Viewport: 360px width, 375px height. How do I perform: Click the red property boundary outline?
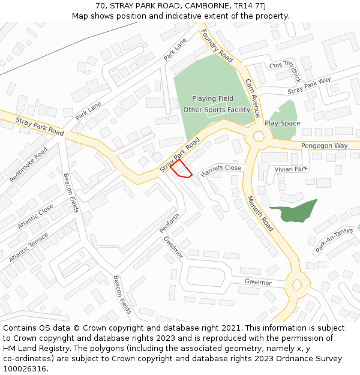(x=181, y=169)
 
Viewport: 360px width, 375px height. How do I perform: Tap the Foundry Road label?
(x=217, y=46)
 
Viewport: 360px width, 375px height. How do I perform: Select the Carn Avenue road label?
(x=253, y=97)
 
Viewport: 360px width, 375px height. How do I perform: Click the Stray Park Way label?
(x=309, y=86)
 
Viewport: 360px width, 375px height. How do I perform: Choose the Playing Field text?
(x=213, y=98)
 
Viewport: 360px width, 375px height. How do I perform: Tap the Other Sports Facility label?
(x=217, y=110)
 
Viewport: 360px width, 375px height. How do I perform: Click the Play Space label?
(x=283, y=123)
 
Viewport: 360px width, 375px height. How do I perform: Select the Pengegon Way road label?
(x=324, y=146)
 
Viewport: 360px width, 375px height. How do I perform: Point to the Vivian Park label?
(x=290, y=169)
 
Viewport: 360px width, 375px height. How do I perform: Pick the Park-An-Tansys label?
(x=334, y=240)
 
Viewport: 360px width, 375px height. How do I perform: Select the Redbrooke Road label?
(x=28, y=164)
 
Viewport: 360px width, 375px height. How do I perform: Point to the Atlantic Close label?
(x=35, y=216)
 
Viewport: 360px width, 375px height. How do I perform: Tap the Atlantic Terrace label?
(x=29, y=247)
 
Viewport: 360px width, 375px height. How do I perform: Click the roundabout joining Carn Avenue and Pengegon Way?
(x=259, y=137)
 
